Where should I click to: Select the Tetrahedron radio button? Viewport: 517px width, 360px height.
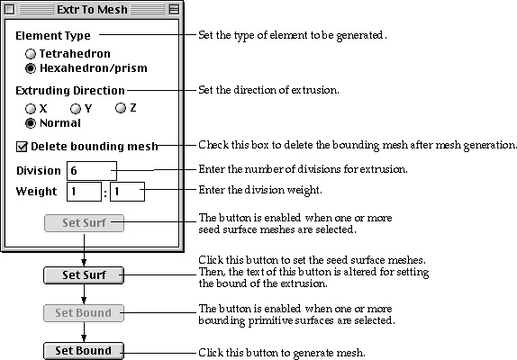31,54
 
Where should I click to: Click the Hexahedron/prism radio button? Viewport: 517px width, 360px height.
31,68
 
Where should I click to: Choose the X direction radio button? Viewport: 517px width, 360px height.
31,109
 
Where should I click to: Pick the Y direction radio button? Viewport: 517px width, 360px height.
76,109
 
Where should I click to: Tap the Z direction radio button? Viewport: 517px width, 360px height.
121,108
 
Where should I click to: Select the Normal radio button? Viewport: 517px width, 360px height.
31,123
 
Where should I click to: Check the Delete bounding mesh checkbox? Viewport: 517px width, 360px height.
22,147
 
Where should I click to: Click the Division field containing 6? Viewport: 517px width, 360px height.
92,171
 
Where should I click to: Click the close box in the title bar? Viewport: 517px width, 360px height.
10,10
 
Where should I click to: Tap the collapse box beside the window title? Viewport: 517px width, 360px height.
174,10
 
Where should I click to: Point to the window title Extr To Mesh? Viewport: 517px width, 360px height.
92,10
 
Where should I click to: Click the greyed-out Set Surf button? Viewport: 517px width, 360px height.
84,223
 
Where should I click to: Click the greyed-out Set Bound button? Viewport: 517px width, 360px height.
84,313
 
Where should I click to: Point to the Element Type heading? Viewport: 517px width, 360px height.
53,36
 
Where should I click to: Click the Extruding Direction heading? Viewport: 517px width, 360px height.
70,91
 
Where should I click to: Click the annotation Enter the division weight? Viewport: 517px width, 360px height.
260,190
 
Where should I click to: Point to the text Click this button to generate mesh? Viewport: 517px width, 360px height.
282,353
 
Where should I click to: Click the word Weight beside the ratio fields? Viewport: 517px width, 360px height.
36,192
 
